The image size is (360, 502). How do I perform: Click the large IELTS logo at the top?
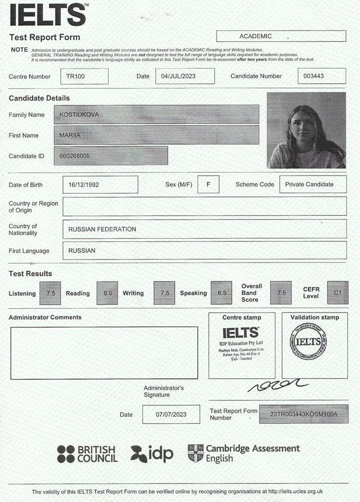coord(48,14)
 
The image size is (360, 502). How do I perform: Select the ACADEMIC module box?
coord(280,36)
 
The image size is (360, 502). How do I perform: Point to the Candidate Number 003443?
coord(321,76)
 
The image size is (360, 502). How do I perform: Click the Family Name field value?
coord(159,114)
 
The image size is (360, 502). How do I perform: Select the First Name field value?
coord(159,135)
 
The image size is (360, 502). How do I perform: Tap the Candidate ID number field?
coord(115,156)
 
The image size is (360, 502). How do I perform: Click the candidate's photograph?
coord(306,130)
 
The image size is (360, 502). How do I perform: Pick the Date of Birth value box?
coord(100,184)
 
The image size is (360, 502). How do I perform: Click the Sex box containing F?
coord(208,184)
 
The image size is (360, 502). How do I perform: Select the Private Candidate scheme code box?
coord(312,184)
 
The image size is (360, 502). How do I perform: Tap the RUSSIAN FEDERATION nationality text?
coord(102,229)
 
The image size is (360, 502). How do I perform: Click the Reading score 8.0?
coord(108,293)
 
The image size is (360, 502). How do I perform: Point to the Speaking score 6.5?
coord(222,293)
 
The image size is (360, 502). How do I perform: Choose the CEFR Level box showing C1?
coord(337,292)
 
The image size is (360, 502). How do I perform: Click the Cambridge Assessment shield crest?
coord(195,453)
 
